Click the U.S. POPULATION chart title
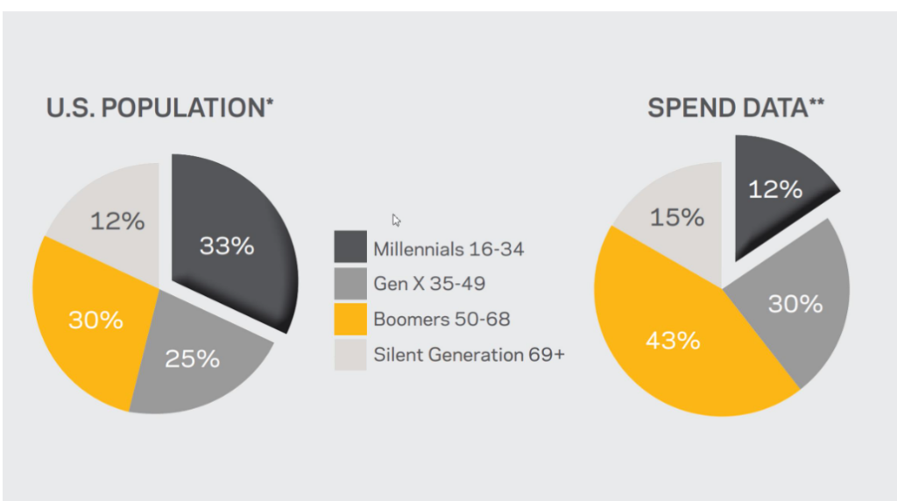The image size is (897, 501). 159,108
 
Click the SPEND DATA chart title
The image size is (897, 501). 736,108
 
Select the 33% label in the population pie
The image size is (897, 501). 227,246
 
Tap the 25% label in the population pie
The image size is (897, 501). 192,359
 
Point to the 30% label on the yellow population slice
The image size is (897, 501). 95,320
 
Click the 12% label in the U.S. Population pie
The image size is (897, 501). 117,222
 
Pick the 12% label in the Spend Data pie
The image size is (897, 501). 775,189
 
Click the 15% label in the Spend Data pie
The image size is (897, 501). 677,217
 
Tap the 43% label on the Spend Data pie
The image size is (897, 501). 673,341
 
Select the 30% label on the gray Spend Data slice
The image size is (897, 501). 795,304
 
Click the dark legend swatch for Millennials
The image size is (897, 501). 350,247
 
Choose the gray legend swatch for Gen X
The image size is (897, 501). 350,283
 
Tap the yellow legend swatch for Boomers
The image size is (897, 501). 350,319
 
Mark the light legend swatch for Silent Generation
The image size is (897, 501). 350,355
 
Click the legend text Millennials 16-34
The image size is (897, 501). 448,250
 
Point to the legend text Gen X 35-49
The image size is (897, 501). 429,284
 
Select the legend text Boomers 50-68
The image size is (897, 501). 441,319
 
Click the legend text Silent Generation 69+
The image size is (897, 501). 470,355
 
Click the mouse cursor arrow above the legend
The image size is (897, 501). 396,220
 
